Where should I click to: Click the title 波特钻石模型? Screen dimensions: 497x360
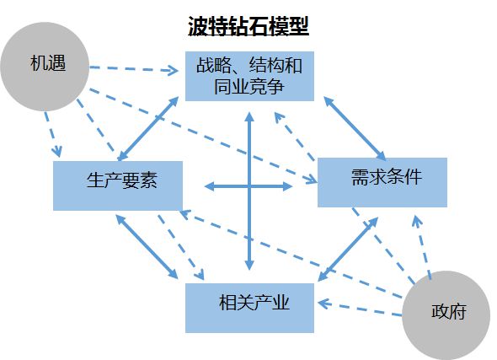[248, 26]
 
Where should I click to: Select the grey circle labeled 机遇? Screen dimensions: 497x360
[45, 67]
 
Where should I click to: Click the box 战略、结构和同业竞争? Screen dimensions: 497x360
[249, 76]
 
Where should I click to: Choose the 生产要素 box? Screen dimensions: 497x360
[118, 185]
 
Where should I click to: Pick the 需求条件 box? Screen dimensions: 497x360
[382, 182]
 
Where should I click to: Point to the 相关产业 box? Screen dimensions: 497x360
[249, 308]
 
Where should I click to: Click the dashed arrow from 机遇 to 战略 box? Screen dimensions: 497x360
[134, 69]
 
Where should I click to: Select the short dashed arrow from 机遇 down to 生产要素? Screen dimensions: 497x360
[52, 134]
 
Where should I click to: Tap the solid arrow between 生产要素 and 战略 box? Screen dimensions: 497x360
[148, 128]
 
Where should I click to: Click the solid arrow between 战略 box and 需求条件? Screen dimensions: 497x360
[355, 128]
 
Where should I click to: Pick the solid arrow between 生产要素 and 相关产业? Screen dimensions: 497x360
[147, 247]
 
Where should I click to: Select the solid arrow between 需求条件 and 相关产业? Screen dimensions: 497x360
[349, 250]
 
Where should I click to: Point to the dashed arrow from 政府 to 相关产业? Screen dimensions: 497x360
[360, 309]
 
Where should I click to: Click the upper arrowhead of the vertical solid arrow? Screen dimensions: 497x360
[249, 116]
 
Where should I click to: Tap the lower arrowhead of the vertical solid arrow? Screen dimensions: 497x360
[249, 266]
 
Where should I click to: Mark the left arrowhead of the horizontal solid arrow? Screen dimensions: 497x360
[210, 186]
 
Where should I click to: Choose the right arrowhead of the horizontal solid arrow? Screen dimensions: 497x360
[287, 186]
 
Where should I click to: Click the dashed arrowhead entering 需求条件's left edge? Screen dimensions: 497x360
[312, 180]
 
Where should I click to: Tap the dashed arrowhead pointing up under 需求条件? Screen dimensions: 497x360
[416, 221]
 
